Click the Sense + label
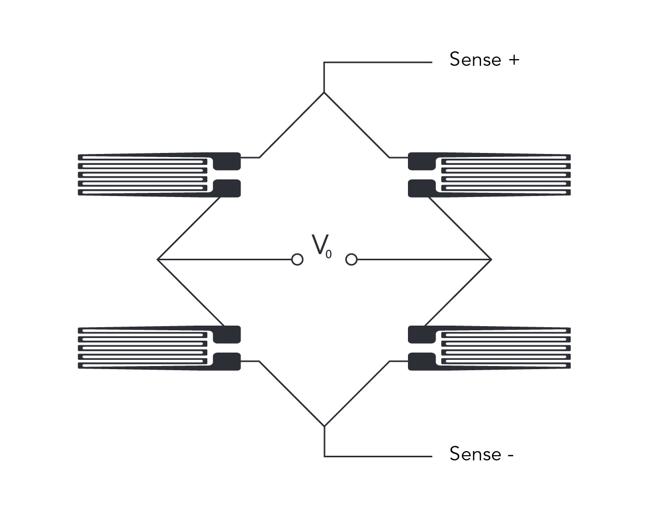484,60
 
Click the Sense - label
481,454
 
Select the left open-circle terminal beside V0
297,259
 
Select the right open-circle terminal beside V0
351,259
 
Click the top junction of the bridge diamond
324,93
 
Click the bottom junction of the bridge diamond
324,426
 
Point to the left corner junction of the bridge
158,259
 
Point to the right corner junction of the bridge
491,259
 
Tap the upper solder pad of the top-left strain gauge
227,161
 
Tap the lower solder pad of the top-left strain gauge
227,188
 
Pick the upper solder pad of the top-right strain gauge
422,161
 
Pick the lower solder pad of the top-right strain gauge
422,188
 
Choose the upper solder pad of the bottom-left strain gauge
227,334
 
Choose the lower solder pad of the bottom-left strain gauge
227,361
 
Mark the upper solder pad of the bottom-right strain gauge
422,334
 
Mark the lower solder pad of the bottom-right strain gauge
422,361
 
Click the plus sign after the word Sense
513,60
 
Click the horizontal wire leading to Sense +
378,63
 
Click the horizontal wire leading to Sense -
378,456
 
